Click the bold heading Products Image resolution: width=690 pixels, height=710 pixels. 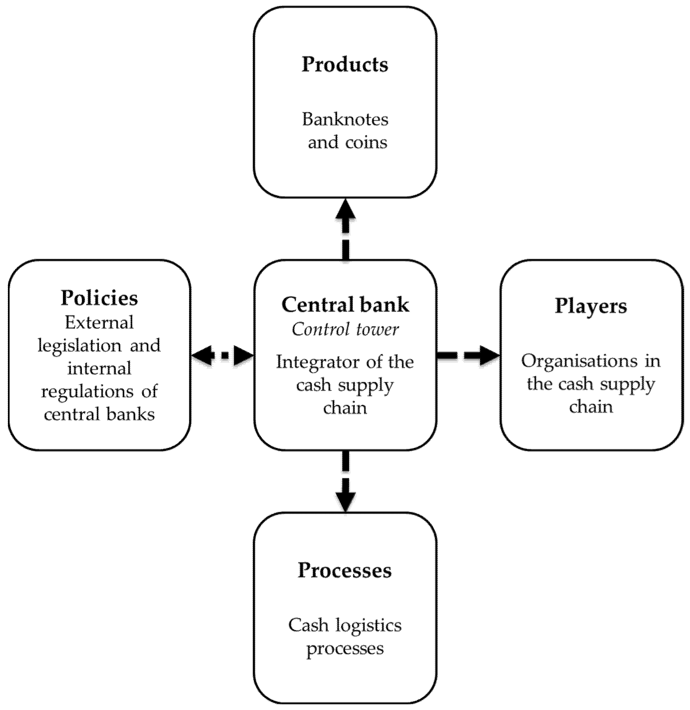click(345, 65)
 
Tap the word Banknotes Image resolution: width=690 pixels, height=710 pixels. click(345, 120)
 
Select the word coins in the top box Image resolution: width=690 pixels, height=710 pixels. click(366, 142)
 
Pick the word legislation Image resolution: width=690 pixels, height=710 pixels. click(80, 346)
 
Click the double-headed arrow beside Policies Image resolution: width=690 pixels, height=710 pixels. click(222, 355)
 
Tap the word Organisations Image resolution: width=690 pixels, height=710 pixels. click(579, 361)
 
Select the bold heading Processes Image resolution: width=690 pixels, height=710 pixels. click(345, 571)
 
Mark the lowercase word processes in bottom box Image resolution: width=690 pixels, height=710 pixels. click(345, 648)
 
